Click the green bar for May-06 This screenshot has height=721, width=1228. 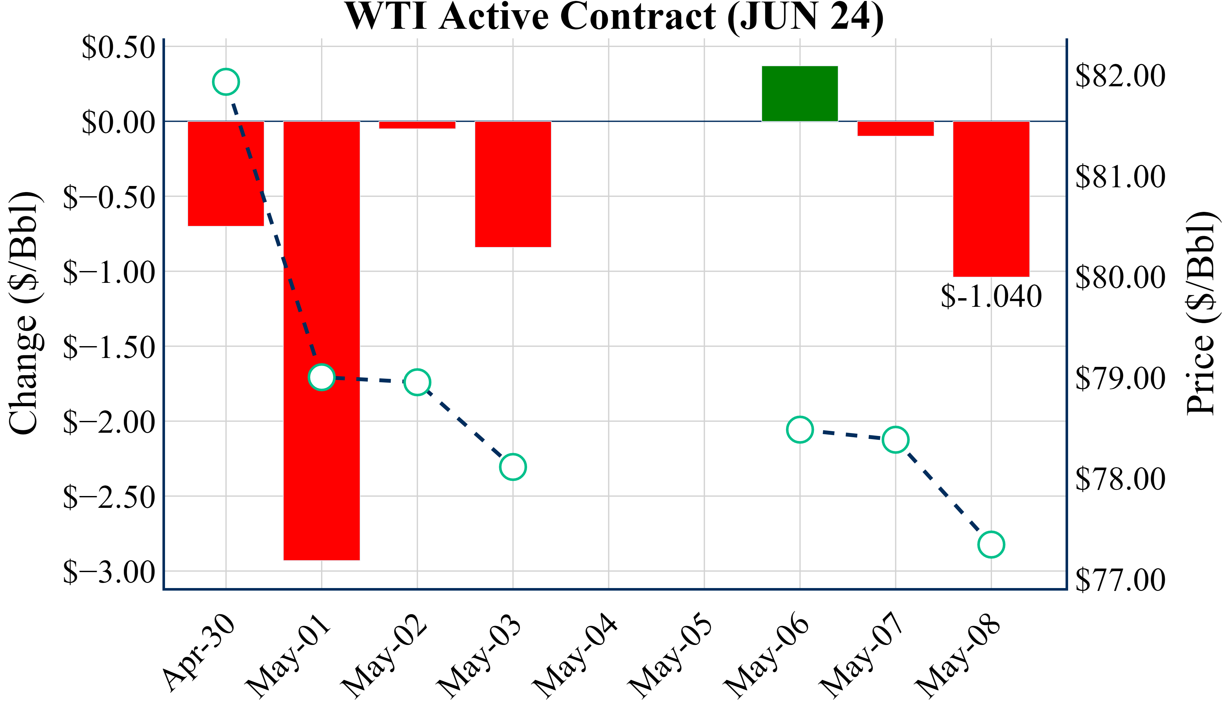pos(800,94)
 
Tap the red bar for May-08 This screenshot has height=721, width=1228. pos(991,199)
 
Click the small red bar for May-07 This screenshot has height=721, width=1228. pos(896,128)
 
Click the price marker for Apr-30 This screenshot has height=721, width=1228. pos(226,82)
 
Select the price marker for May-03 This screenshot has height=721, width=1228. pos(513,467)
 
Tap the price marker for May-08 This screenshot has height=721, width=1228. pos(991,545)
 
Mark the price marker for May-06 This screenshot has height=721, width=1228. pos(800,430)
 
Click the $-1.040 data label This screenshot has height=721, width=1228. pos(991,296)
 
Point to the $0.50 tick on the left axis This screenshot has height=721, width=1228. pos(118,48)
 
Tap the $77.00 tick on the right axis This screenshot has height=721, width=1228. pos(1120,580)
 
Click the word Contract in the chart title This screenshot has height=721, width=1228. pos(638,17)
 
